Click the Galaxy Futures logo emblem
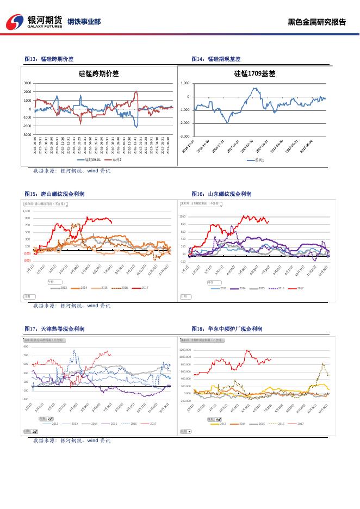(15, 22)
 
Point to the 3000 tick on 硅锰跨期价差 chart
(27, 83)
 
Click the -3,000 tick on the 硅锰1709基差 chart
(184, 136)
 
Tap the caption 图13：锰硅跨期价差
(49, 59)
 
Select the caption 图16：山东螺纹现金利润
(221, 194)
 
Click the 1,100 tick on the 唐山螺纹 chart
(27, 211)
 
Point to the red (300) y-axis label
(27, 260)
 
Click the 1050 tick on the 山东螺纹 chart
(183, 216)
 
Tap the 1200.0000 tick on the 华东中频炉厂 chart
(185, 350)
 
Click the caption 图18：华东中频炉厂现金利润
(227, 328)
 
